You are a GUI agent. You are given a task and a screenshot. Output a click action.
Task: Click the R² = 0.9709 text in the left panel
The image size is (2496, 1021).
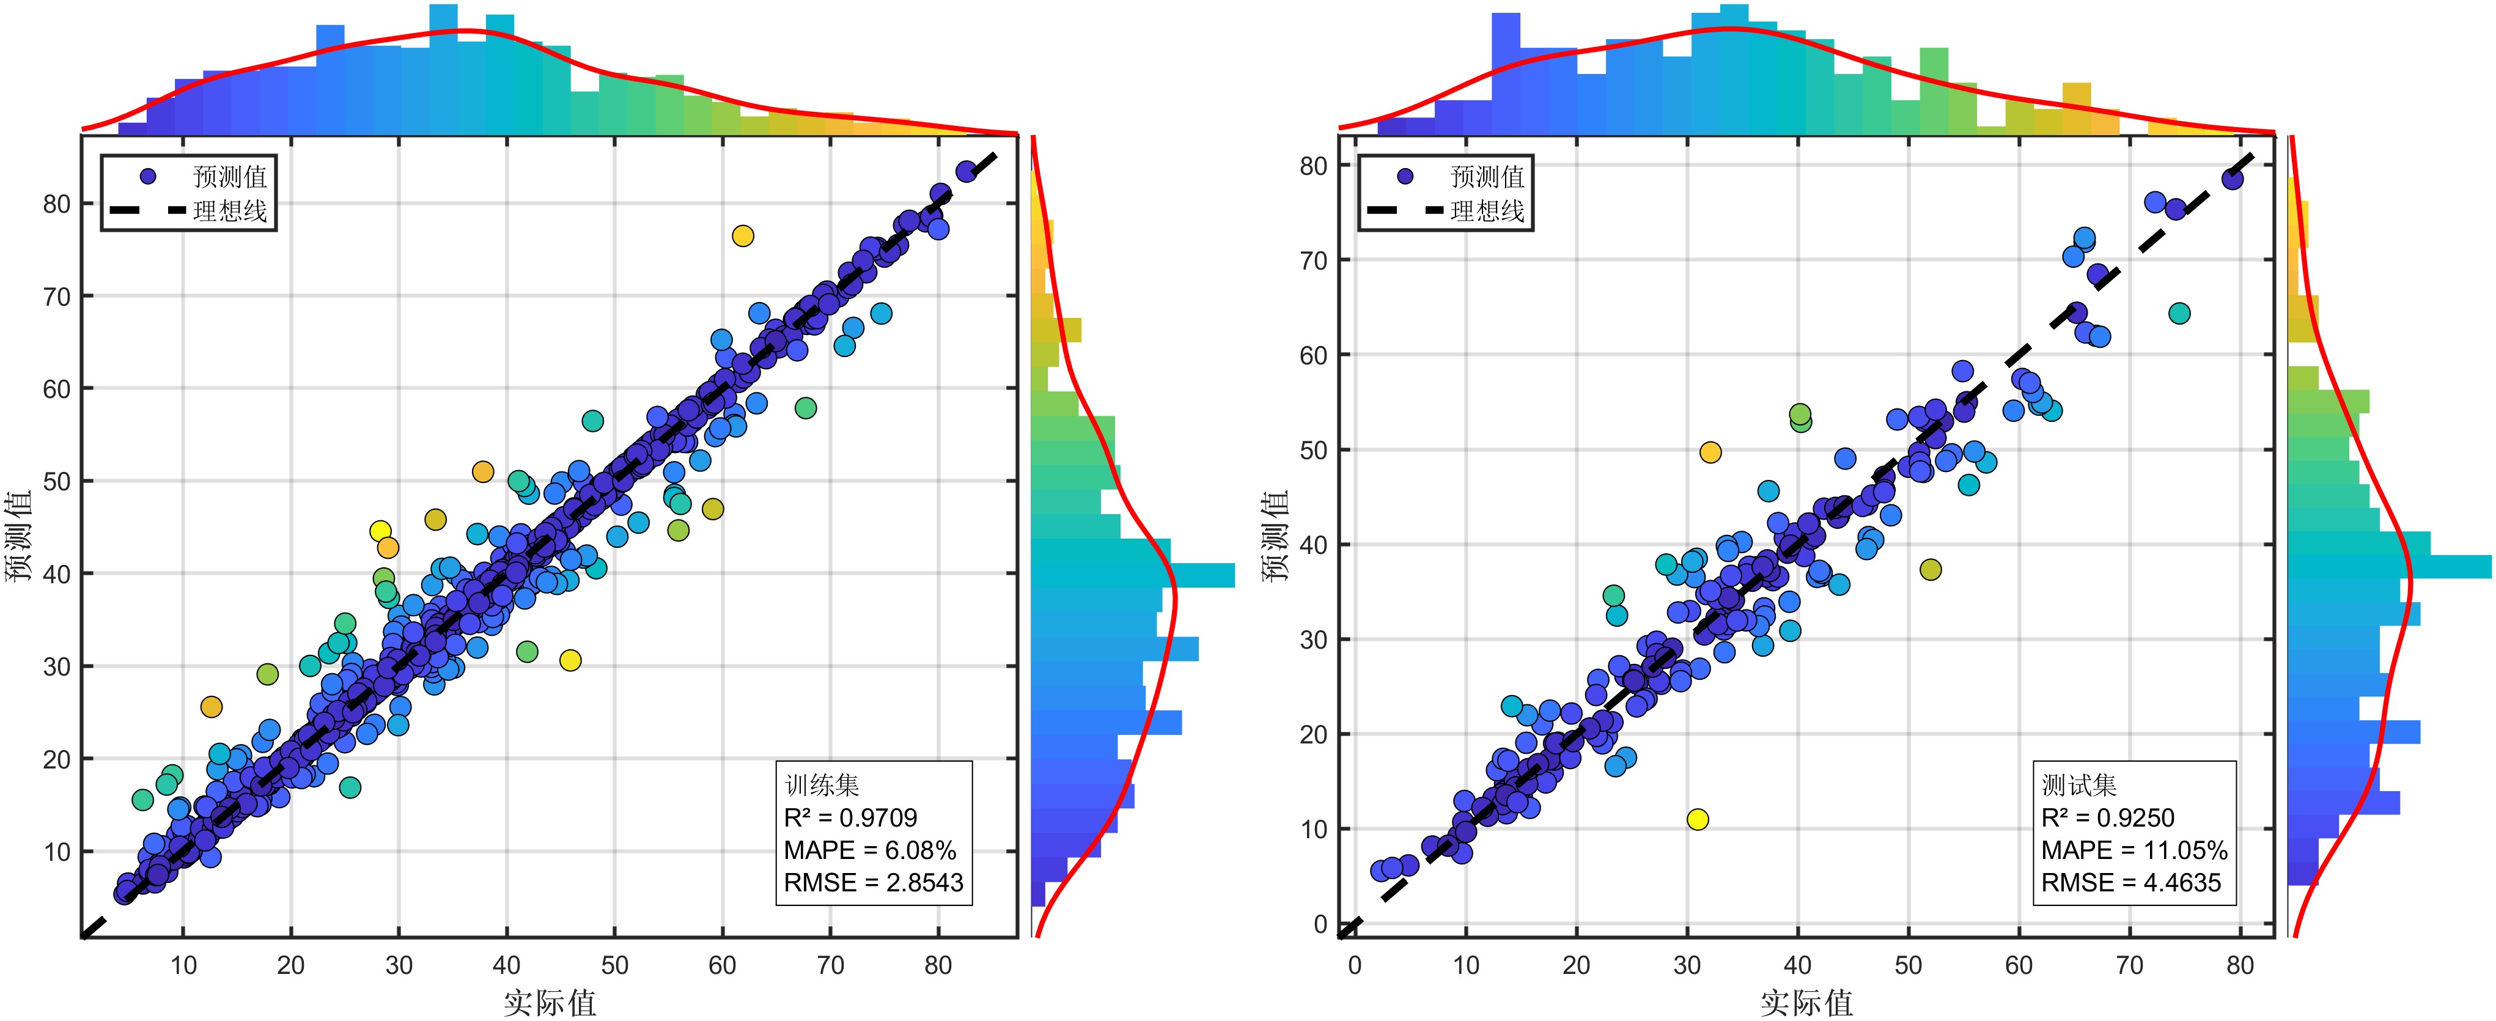click(850, 817)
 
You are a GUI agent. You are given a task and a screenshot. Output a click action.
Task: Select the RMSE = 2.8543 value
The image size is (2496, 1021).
click(873, 882)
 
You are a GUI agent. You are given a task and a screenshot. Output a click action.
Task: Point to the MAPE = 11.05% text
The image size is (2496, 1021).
click(2133, 850)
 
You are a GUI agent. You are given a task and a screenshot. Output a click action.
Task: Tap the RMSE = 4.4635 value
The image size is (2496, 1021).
click(2130, 882)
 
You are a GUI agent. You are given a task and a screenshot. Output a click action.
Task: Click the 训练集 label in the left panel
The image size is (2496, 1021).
click(822, 784)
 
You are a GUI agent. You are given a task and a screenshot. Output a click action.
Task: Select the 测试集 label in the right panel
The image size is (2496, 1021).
click(2078, 784)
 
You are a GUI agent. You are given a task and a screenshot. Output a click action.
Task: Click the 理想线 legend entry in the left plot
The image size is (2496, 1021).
click(230, 211)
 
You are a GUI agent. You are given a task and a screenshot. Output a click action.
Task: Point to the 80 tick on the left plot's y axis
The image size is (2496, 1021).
click(57, 204)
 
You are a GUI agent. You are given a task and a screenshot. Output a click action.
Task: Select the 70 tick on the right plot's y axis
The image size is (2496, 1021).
click(1313, 260)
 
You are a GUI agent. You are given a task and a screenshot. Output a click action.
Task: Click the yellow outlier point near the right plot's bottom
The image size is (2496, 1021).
click(1698, 819)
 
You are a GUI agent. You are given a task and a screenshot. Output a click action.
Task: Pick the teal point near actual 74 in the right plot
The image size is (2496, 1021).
click(2179, 313)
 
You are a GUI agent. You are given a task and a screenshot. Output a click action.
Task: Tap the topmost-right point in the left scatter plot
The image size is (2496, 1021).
click(966, 171)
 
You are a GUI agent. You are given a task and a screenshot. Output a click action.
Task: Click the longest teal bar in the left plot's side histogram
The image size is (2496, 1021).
click(1133, 575)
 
